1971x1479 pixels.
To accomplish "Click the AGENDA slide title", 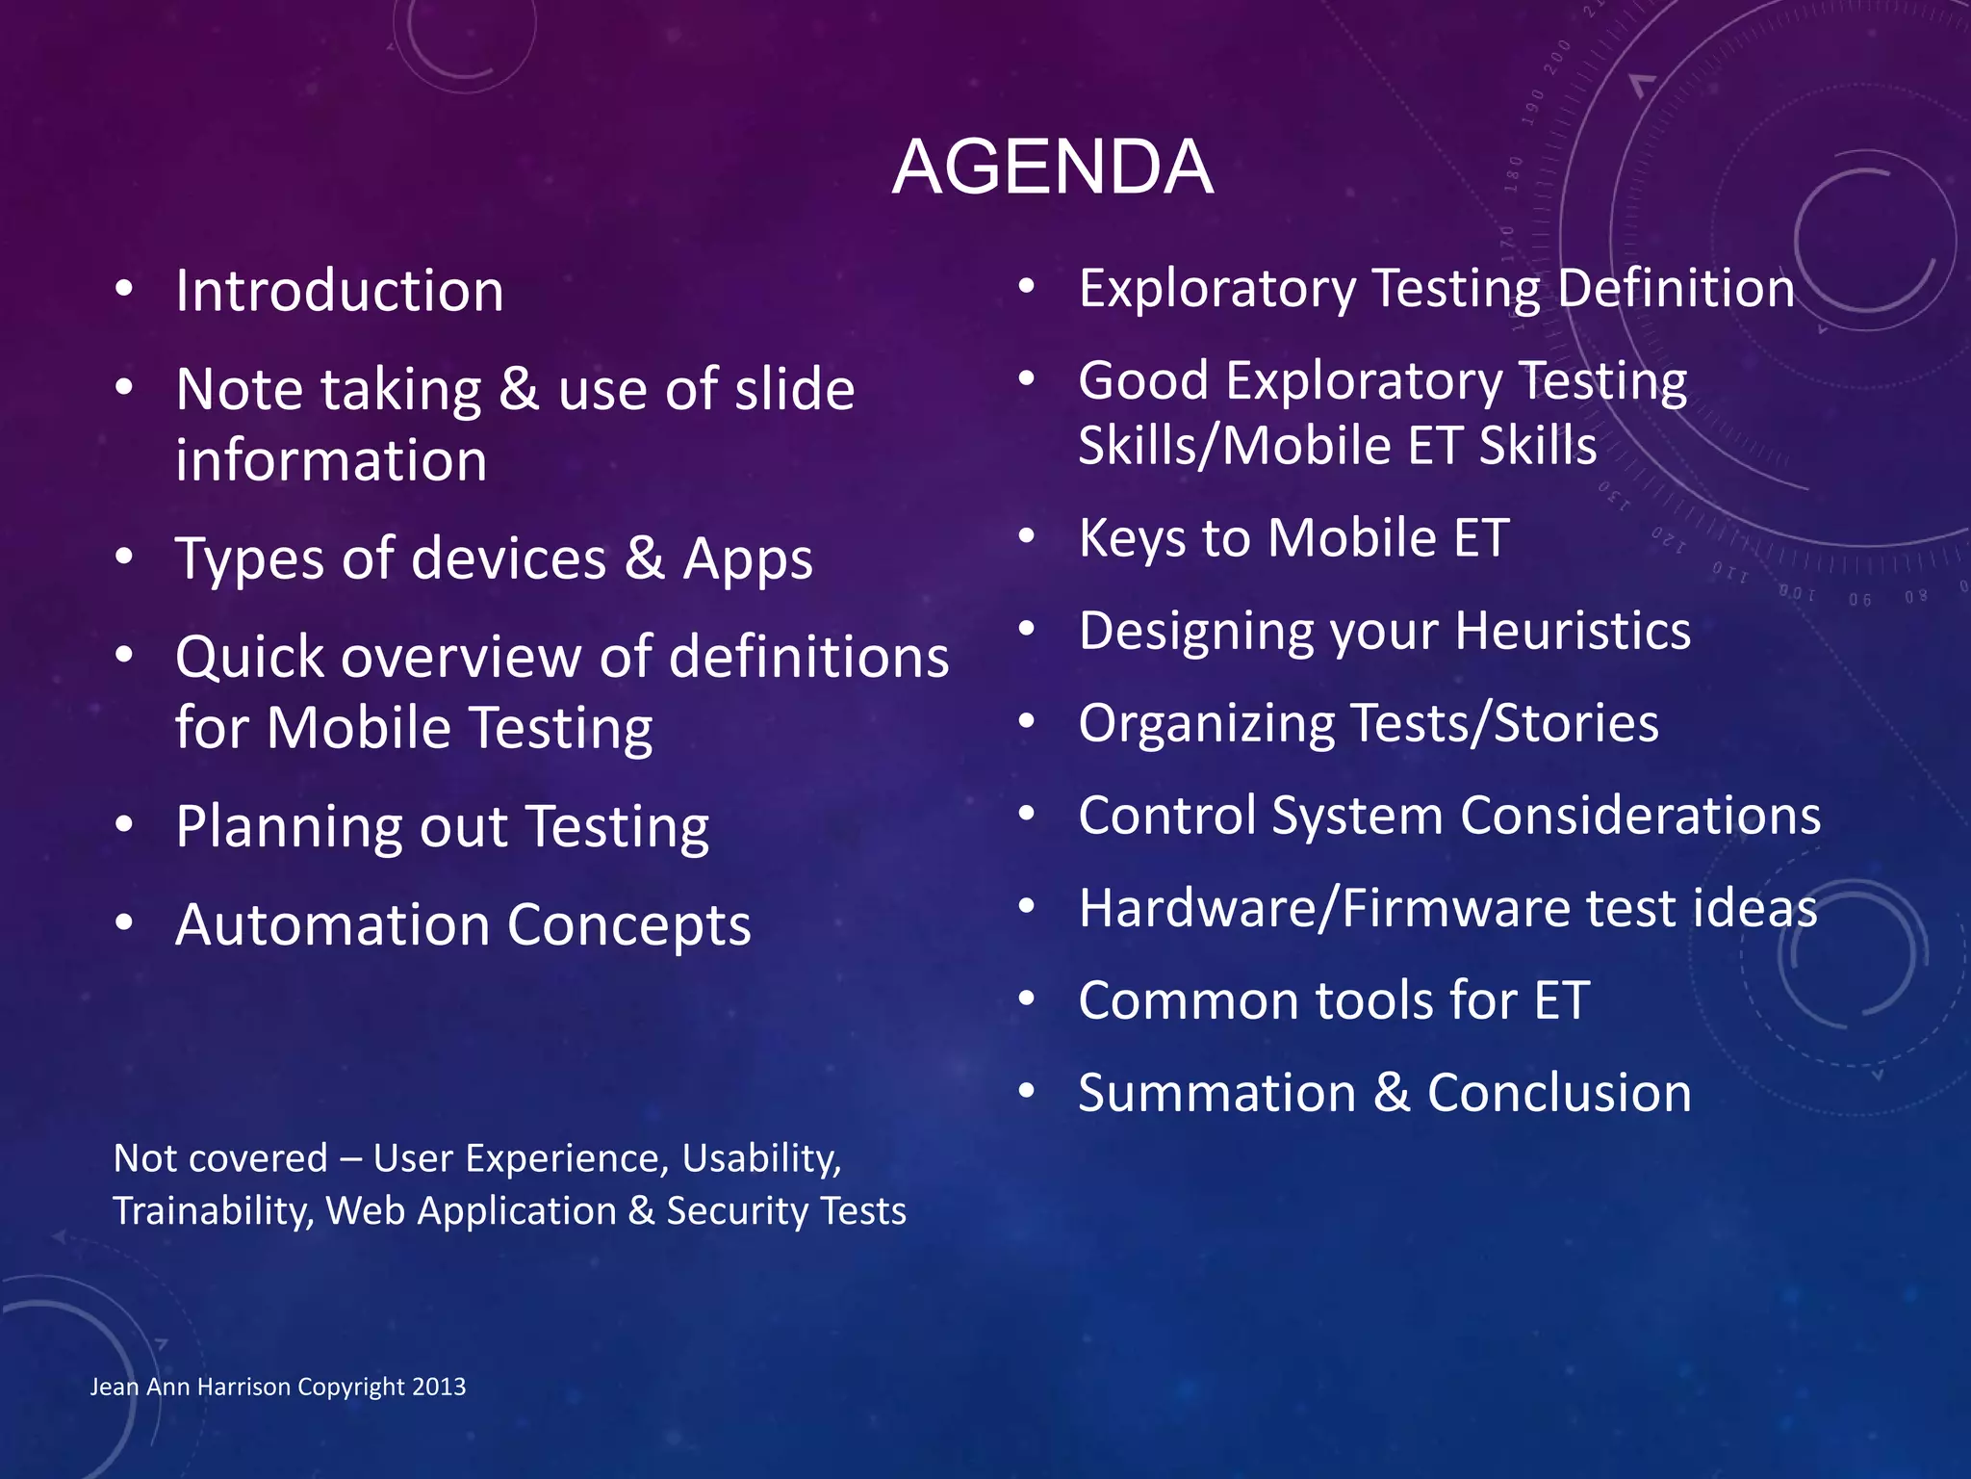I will [x=1052, y=167].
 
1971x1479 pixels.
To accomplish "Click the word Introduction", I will [x=339, y=291].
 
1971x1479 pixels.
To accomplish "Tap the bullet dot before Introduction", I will [x=123, y=290].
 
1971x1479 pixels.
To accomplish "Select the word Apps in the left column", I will [x=748, y=559].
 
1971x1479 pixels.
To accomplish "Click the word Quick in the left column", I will [x=249, y=659].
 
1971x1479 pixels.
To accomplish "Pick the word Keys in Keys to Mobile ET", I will [x=1132, y=538].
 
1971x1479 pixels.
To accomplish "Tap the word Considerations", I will [x=1640, y=816].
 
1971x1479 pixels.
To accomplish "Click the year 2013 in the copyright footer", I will [x=439, y=1387].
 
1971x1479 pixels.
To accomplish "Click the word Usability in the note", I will [x=760, y=1158].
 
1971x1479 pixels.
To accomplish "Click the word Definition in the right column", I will [x=1676, y=288].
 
